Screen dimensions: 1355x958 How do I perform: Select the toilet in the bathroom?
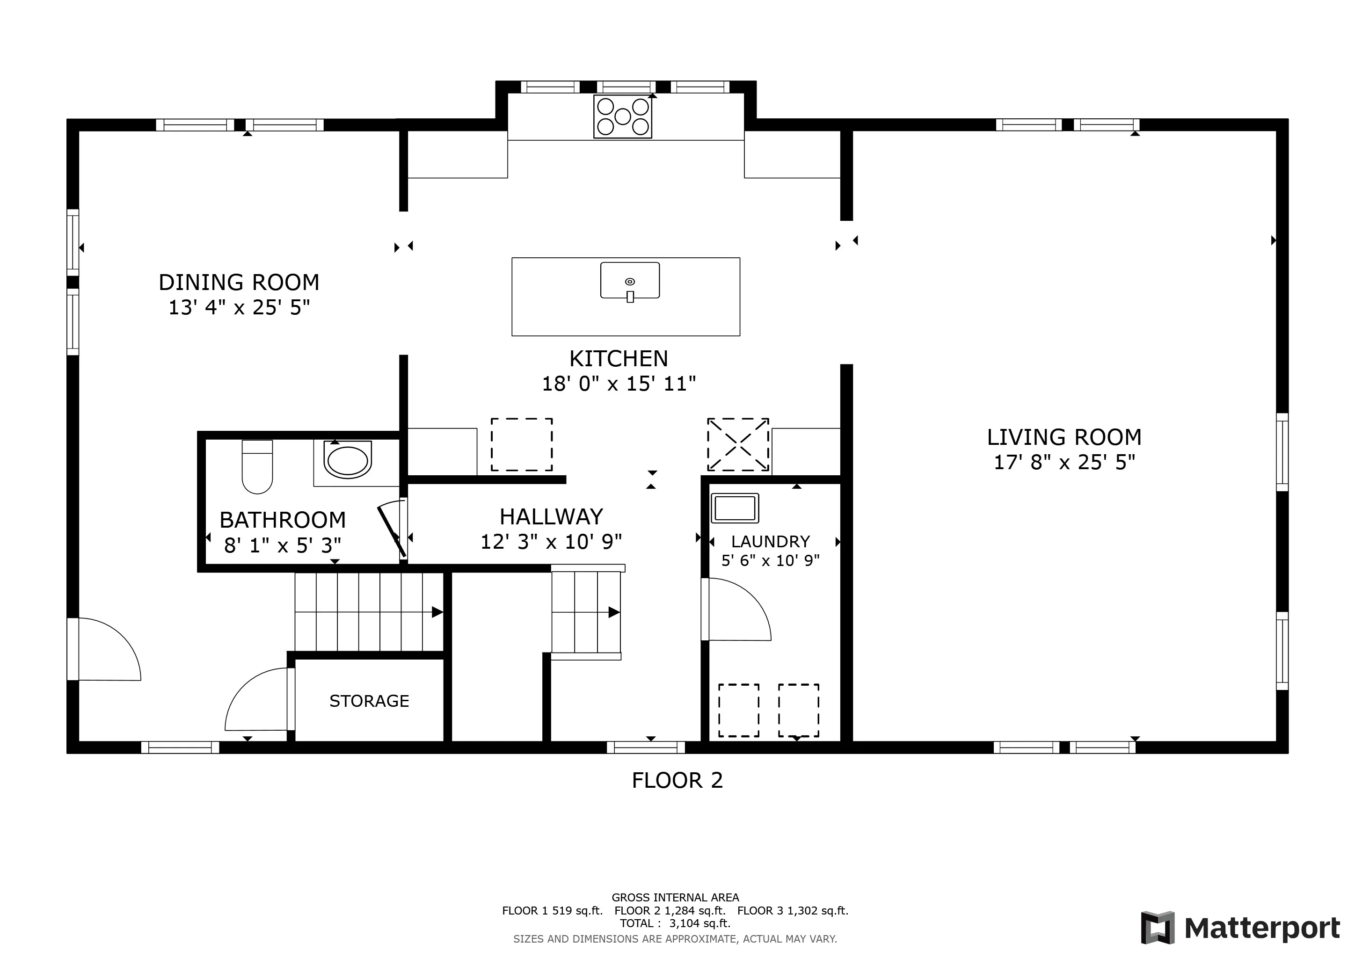(x=257, y=467)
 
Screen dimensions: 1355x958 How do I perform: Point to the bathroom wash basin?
(x=348, y=461)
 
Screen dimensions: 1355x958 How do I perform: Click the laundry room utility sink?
(x=735, y=508)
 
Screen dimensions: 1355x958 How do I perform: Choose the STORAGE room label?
(x=369, y=701)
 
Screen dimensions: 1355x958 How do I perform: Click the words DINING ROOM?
(x=239, y=283)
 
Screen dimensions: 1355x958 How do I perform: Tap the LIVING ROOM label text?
(x=1064, y=437)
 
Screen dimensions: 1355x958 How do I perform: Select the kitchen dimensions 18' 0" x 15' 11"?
(x=619, y=384)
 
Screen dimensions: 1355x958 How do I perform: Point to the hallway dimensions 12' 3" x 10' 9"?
(x=551, y=542)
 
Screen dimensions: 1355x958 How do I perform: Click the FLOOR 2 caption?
(x=677, y=780)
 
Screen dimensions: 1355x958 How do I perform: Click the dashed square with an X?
(x=738, y=445)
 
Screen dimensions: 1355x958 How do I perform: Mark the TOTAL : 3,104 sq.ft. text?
(x=675, y=923)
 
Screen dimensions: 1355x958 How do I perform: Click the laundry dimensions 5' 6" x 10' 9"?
(x=770, y=560)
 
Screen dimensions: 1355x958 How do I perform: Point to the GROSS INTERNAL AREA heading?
(x=675, y=897)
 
